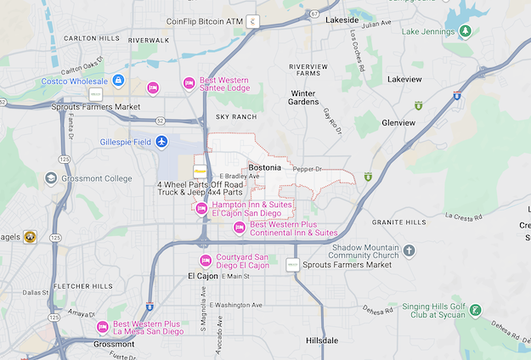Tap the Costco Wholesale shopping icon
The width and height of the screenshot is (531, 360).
118,81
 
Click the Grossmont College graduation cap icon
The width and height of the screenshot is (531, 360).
51,178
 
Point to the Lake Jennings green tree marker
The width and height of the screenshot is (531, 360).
466,31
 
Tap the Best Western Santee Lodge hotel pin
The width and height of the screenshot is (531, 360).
189,82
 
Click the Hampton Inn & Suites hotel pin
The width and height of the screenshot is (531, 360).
202,209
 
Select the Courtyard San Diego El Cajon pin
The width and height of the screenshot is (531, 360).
205,261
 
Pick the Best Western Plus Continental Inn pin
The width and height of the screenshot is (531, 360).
240,228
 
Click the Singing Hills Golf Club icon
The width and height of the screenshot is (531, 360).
476,311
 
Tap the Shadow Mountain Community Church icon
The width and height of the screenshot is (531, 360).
410,250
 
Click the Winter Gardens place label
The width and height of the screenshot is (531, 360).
303,98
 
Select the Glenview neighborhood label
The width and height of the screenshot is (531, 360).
398,122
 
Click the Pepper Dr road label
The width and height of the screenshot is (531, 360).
308,169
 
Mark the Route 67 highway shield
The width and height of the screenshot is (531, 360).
314,14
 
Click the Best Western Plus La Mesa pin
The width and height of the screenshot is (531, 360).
103,327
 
